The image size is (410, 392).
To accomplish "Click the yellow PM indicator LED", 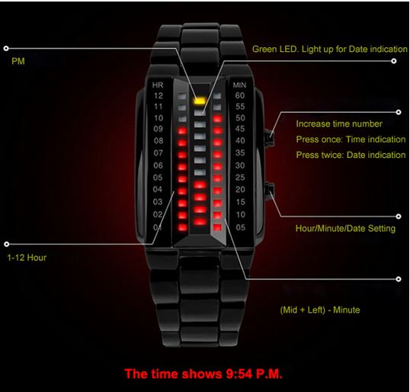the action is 199,101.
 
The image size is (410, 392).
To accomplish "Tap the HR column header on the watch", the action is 158,85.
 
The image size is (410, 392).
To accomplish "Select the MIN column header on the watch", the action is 239,85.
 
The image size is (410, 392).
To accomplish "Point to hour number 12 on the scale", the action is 159,96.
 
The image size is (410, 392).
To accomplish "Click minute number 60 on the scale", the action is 240,95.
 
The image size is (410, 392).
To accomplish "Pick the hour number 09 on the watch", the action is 159,129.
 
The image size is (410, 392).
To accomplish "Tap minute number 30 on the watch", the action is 240,165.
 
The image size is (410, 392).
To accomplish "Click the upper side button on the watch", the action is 270,137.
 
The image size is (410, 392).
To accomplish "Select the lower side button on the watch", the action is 270,190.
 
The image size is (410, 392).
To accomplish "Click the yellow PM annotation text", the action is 18,62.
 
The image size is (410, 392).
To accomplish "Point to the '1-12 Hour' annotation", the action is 27,258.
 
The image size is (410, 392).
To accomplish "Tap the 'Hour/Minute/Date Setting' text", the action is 345,229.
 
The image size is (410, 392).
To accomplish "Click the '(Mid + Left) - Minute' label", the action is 320,310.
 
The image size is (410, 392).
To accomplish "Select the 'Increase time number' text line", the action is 339,124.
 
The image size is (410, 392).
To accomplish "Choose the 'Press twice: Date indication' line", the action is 351,155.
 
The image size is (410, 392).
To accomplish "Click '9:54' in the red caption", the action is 239,374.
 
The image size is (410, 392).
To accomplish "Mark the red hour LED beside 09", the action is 182,130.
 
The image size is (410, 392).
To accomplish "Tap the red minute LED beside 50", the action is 217,119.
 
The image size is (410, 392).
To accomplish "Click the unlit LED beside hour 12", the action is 182,96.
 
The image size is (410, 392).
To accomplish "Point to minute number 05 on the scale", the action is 241,227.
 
